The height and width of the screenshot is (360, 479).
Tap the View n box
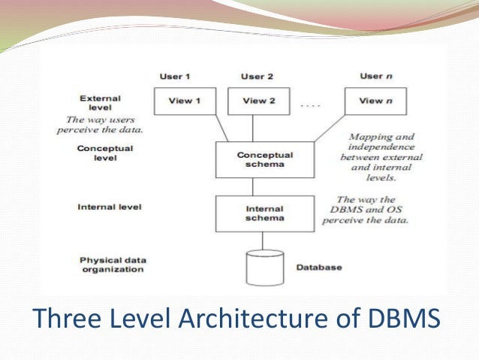371,101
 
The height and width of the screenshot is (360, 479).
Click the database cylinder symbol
266,268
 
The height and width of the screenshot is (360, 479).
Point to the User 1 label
174,77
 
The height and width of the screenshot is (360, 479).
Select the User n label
371,77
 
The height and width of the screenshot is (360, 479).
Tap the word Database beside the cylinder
318,268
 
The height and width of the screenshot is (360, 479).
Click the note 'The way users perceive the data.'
99,125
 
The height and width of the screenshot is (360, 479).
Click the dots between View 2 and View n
310,105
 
